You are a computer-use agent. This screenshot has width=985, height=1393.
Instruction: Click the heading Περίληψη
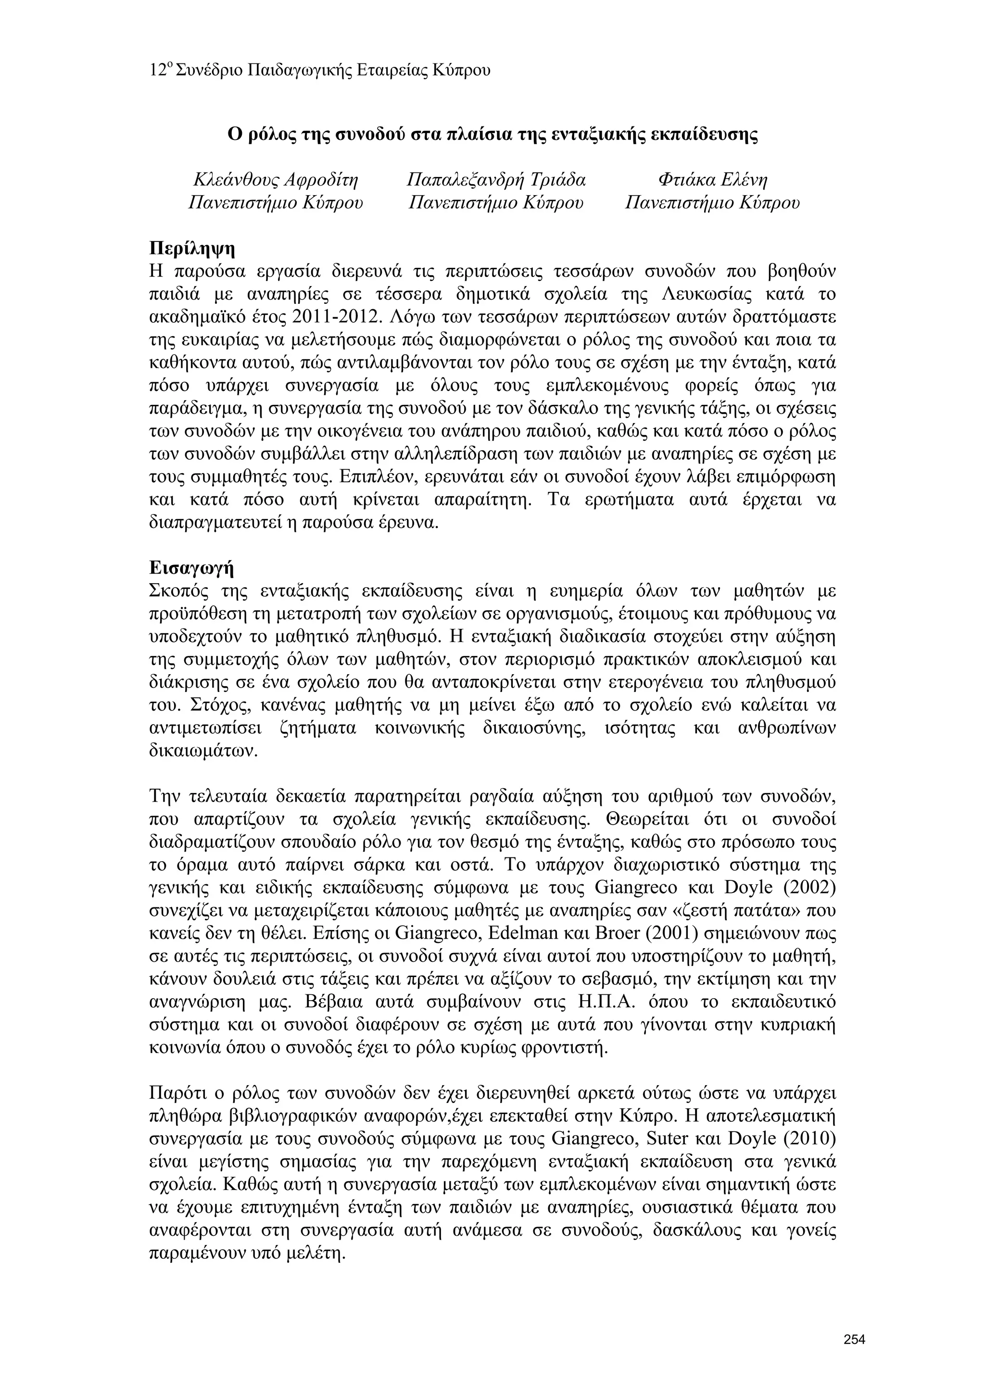(x=192, y=248)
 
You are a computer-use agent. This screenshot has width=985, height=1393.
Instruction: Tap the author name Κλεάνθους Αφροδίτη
(x=276, y=180)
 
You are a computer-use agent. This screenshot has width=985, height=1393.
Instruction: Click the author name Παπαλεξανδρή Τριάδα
(x=496, y=180)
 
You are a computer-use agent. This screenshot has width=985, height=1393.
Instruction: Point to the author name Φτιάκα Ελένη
(x=712, y=180)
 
